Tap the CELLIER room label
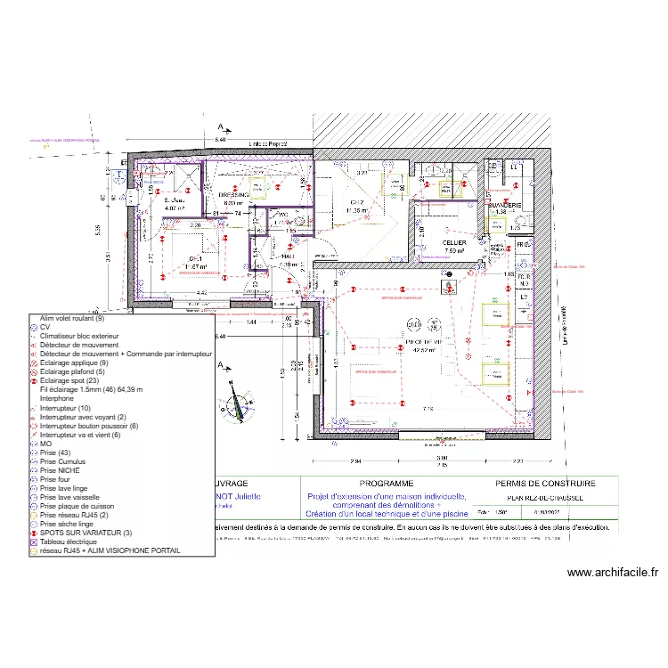pyautogui.click(x=454, y=242)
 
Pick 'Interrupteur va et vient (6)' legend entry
pyautogui.click(x=86, y=435)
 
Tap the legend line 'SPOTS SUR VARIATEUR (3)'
pyautogui.click(x=85, y=533)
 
